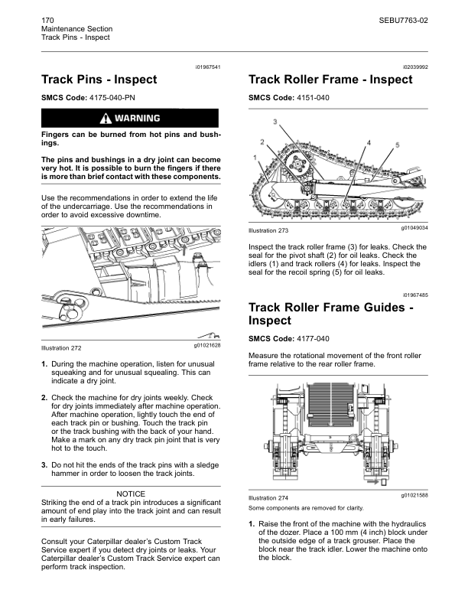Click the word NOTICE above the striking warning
pyautogui.click(x=130, y=494)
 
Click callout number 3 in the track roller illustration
pyautogui.click(x=275, y=122)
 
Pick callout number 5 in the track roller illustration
pyautogui.click(x=398, y=145)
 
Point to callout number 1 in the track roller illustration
pyautogui.click(x=255, y=157)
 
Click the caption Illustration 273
pyautogui.click(x=268, y=230)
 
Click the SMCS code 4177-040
pyautogui.click(x=313, y=339)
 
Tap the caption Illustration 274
pyautogui.click(x=268, y=497)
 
